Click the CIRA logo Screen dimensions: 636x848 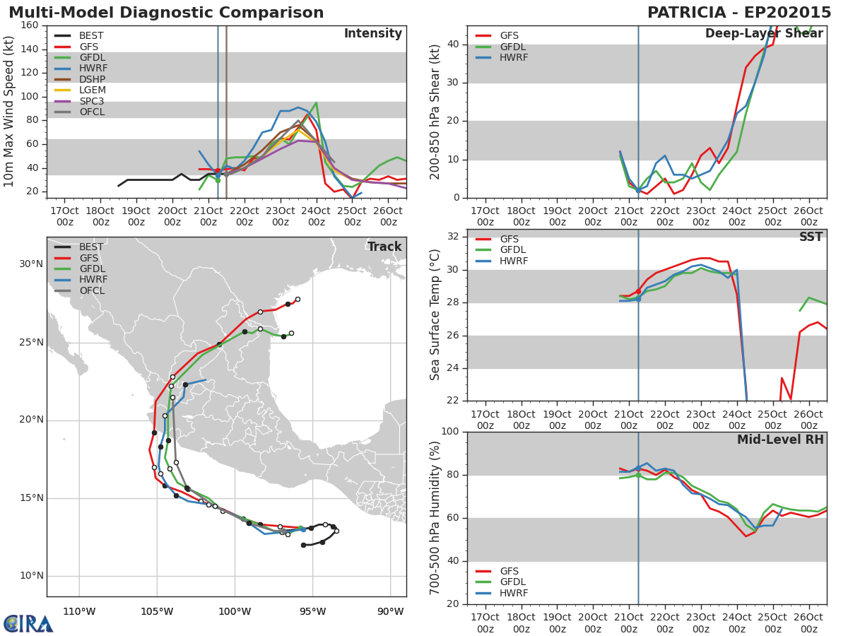pos(28,623)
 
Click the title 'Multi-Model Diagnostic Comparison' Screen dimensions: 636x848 pos(166,13)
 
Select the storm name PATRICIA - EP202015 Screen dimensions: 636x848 pos(739,13)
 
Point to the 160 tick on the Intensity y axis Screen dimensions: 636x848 pos(30,25)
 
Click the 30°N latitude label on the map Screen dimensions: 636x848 pos(30,264)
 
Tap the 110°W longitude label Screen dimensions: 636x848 pos(79,611)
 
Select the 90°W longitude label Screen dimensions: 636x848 pos(390,611)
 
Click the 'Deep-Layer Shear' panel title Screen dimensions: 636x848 pos(764,34)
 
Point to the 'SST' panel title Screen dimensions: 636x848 pos(811,237)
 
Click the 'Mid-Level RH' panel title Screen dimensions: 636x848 pos(780,440)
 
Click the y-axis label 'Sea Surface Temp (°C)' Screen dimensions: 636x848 pos(436,315)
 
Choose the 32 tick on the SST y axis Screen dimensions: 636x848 pos(452,237)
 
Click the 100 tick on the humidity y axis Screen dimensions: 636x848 pos(449,432)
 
